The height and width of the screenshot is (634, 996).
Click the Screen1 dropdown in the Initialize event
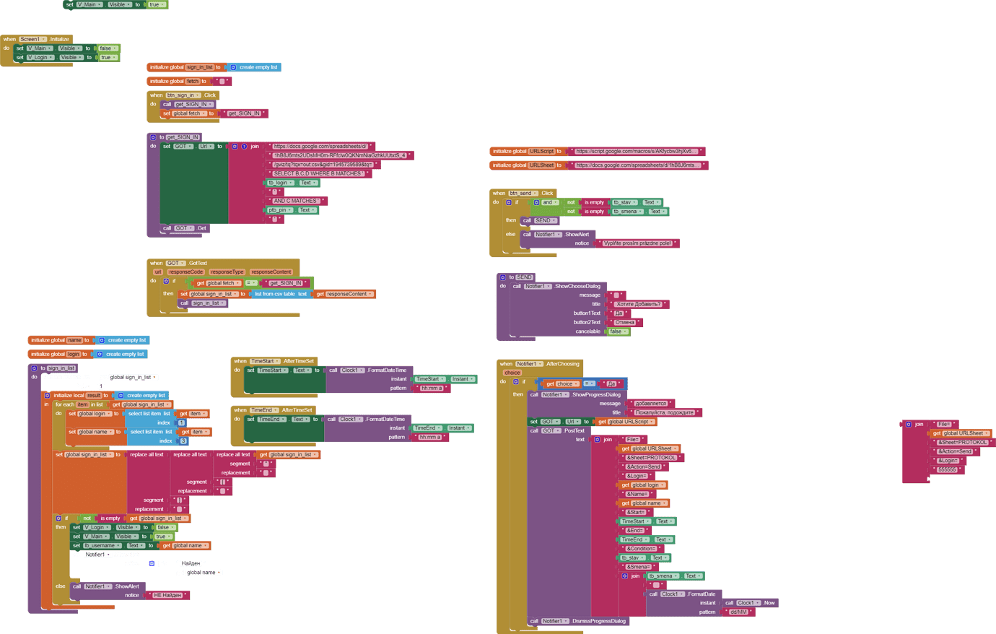click(32, 39)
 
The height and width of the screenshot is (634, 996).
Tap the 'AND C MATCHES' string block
click(297, 201)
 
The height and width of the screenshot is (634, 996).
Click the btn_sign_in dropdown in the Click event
click(183, 95)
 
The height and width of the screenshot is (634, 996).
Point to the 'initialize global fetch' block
click(174, 82)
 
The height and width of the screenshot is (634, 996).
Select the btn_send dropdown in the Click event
click(523, 194)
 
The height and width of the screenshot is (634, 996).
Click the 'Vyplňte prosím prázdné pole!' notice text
click(637, 243)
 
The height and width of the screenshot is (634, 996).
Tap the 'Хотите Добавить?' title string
click(638, 304)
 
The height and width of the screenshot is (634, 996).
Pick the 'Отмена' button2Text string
click(625, 322)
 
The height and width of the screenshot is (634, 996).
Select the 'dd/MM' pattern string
click(738, 612)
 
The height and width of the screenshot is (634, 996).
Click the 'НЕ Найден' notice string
click(167, 595)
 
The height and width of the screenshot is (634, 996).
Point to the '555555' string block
click(947, 469)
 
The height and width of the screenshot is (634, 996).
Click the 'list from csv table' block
click(280, 294)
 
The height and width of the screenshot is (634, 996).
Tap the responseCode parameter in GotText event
click(185, 272)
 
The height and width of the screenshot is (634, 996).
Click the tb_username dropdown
click(105, 546)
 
